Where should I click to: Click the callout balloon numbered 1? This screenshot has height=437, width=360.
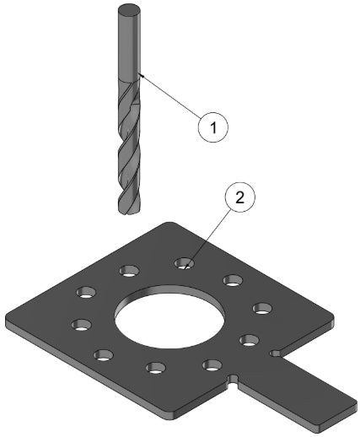click(213, 127)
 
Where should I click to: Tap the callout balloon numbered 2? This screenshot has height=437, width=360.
click(240, 197)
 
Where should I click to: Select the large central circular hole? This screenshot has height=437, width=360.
click(169, 317)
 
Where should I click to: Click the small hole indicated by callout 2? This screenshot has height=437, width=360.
click(185, 263)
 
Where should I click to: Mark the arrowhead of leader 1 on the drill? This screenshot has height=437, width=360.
click(142, 75)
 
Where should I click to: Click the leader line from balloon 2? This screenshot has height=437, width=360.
click(208, 238)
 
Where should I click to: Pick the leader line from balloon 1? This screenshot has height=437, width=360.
click(170, 95)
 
